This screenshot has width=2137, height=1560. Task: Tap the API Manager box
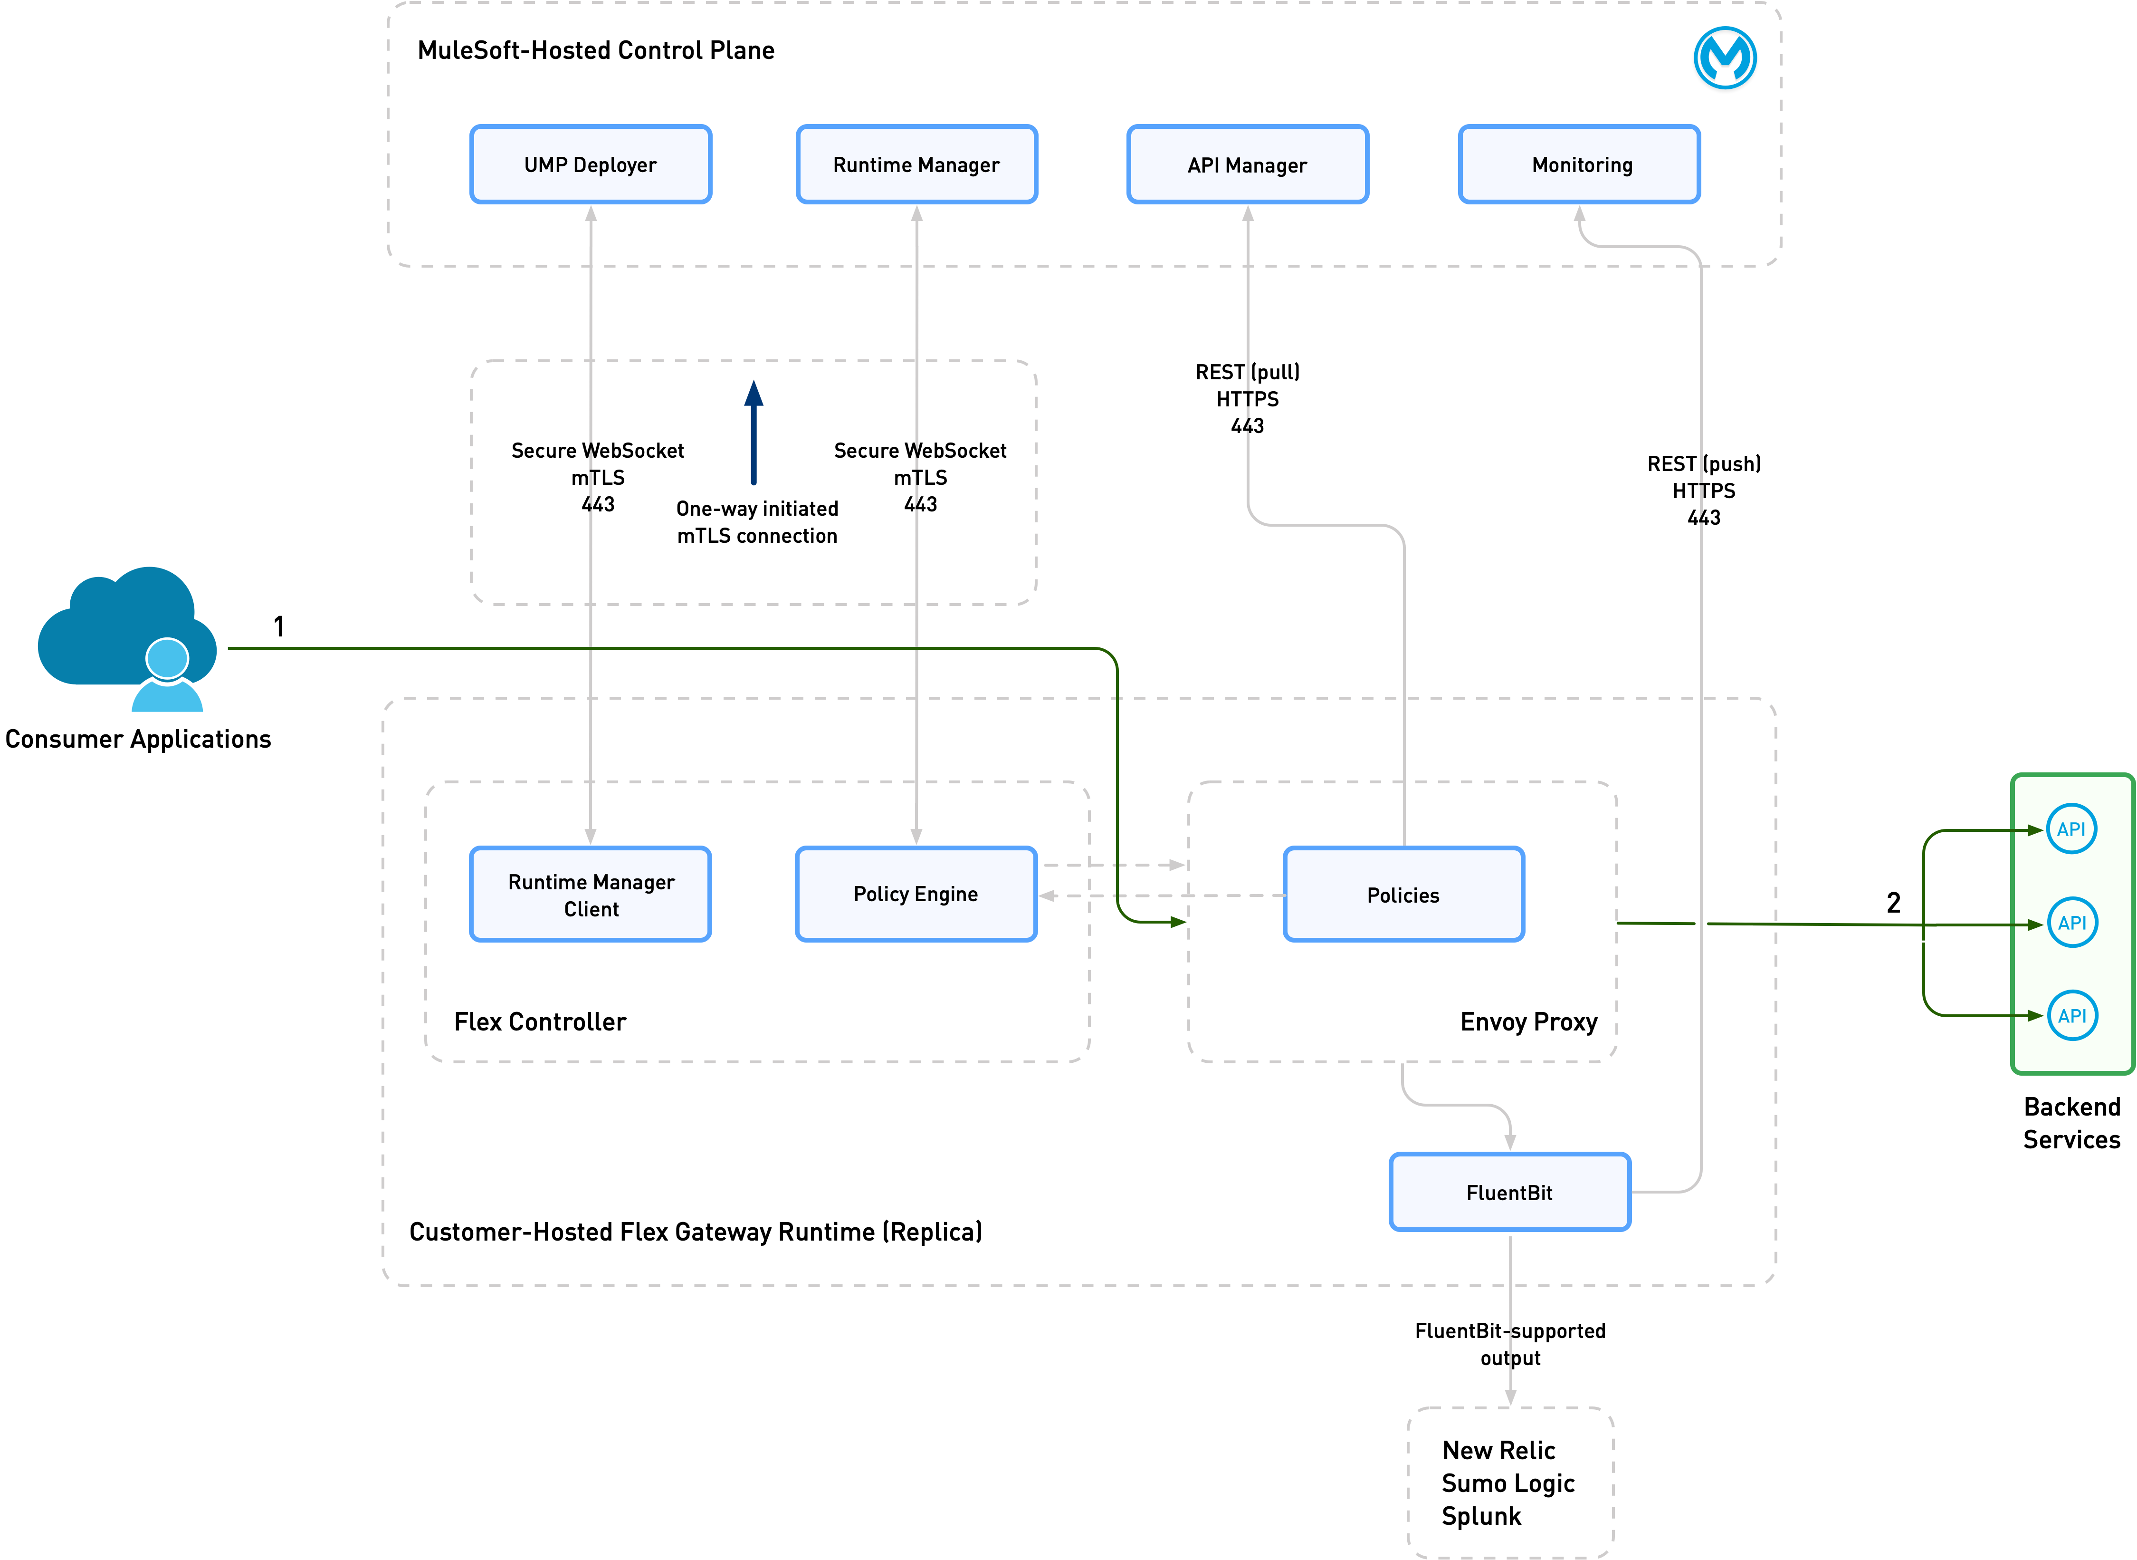pyautogui.click(x=1247, y=164)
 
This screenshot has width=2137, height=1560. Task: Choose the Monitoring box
pyautogui.click(x=1579, y=164)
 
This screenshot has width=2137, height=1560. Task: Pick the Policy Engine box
pyautogui.click(x=916, y=894)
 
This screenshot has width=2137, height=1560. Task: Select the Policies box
pyautogui.click(x=1403, y=894)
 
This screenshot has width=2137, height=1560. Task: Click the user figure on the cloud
pyautogui.click(x=167, y=678)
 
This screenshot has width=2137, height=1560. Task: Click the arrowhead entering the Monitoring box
pyautogui.click(x=1579, y=214)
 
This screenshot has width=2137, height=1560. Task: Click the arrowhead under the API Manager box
pyautogui.click(x=1248, y=214)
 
